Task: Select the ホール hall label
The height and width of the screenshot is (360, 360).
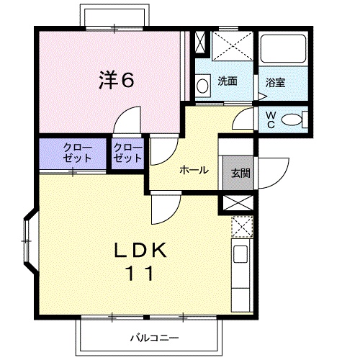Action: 194,171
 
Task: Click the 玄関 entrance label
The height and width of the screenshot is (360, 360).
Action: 240,173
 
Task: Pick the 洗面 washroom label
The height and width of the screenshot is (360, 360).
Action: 228,82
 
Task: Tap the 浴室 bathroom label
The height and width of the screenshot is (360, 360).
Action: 275,82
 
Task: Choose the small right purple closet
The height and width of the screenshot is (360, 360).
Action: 127,153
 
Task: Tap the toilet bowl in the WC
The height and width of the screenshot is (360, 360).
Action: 292,120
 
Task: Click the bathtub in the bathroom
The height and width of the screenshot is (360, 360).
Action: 283,50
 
